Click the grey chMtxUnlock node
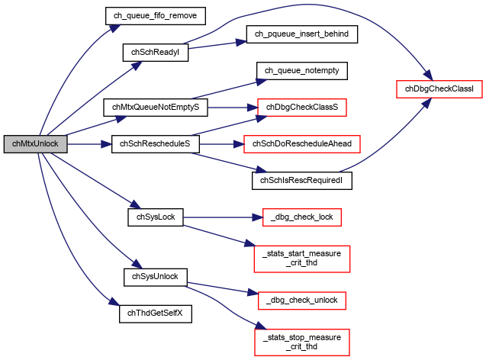(x=35, y=144)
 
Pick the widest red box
(x=302, y=144)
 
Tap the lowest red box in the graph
(x=302, y=342)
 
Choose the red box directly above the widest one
(x=302, y=108)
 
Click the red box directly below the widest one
(x=302, y=217)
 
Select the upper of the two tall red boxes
(x=302, y=259)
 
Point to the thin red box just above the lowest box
(x=302, y=301)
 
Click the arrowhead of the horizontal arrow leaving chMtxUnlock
(x=108, y=144)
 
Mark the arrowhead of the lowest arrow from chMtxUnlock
(x=115, y=303)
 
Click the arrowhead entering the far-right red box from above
(x=429, y=76)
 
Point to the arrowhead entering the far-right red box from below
(x=426, y=102)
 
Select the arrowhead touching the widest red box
(x=238, y=143)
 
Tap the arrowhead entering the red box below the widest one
(x=258, y=217)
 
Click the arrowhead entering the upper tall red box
(x=249, y=244)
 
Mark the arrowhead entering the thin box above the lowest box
(x=253, y=293)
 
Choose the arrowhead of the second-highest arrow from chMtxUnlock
(x=138, y=65)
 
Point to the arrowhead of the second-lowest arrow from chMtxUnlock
(x=138, y=265)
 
